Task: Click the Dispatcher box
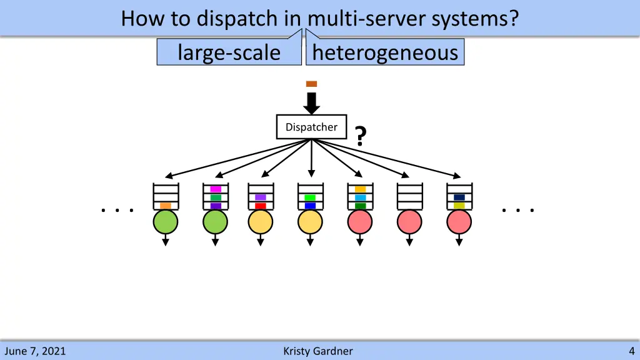(311, 127)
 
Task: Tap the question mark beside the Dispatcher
(359, 136)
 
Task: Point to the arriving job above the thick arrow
(311, 84)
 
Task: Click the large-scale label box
(229, 52)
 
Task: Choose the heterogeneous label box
(385, 52)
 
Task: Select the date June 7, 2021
(34, 351)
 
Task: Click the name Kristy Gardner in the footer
(317, 351)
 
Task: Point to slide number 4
(632, 351)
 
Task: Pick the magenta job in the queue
(216, 189)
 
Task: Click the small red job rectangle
(261, 206)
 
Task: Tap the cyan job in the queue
(360, 197)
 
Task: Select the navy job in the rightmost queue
(459, 197)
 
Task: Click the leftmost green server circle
(166, 222)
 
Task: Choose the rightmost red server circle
(459, 222)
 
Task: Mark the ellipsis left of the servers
(117, 211)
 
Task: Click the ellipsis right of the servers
(518, 211)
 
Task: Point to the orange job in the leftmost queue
(166, 206)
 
